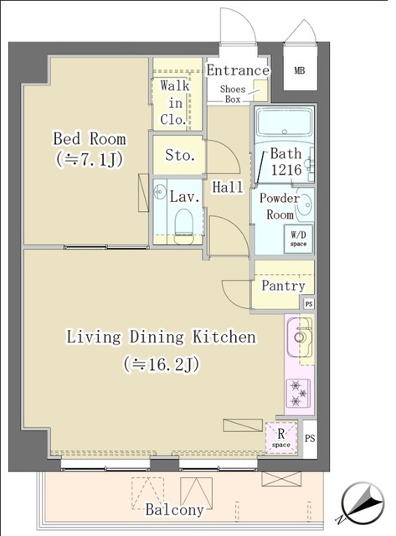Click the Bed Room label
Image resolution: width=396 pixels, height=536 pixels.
90,138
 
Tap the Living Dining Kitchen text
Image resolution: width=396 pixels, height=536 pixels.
161,338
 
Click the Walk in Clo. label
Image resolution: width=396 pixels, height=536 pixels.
176,102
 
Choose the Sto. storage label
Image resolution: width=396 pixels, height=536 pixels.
179,156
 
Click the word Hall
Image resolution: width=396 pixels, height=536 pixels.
228,188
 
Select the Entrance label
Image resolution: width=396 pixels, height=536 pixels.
236,70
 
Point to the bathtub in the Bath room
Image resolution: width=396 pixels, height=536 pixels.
283,126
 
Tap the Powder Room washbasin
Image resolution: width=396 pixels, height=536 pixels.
302,204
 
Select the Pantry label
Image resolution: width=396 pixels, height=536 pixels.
283,286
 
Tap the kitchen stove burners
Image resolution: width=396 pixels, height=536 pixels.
297,391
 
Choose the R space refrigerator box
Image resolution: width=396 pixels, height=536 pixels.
280,438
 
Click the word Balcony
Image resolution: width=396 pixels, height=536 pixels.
174,510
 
